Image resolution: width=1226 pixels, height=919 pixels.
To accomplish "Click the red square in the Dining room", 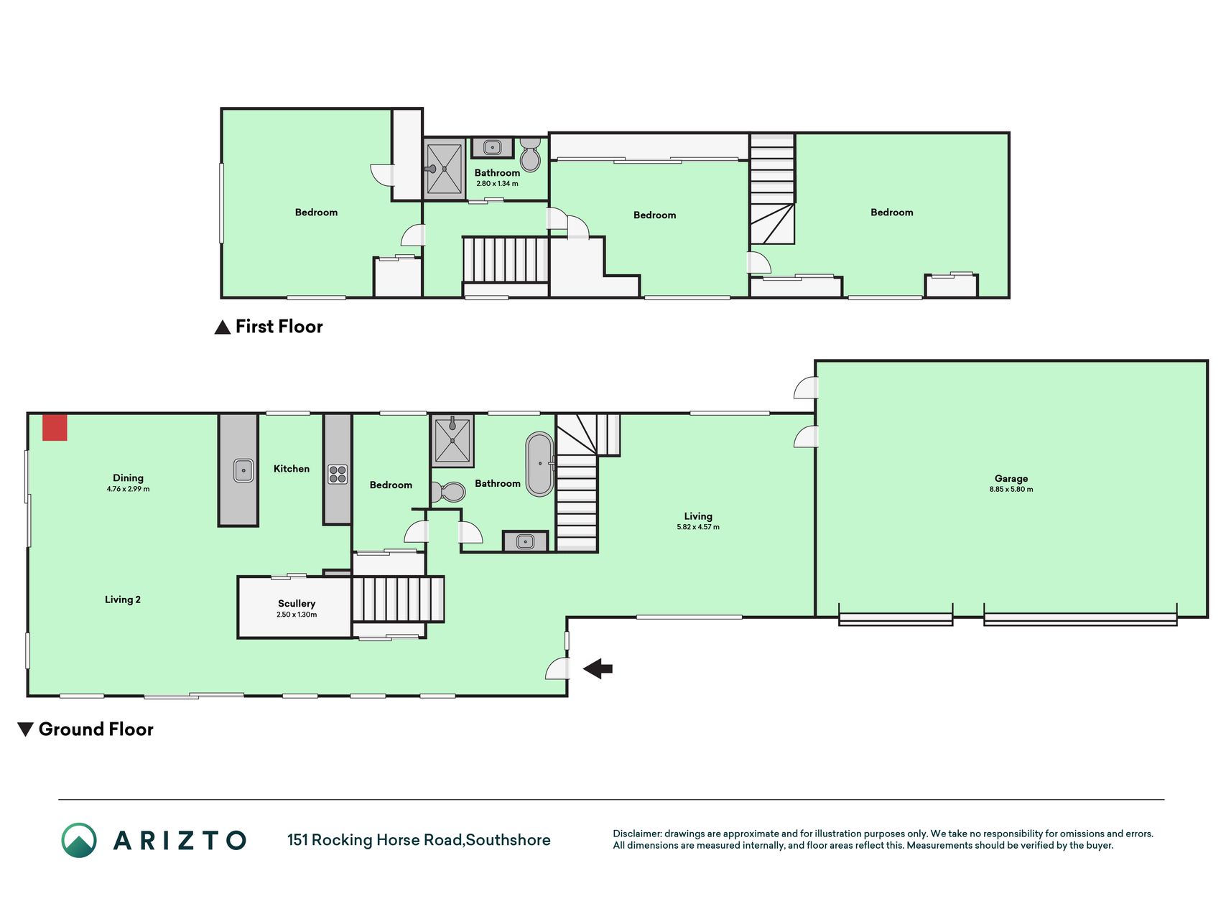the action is pyautogui.click(x=55, y=427).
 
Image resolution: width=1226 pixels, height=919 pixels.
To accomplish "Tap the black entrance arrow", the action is pyautogui.click(x=598, y=668).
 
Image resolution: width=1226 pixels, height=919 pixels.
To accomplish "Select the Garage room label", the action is pyautogui.click(x=1011, y=478).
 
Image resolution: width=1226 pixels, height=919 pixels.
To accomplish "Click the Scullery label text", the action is pyautogui.click(x=297, y=604).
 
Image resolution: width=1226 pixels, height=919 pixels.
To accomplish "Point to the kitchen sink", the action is pyautogui.click(x=243, y=470).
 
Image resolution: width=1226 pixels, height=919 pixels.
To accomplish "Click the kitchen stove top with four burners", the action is pyautogui.click(x=338, y=474).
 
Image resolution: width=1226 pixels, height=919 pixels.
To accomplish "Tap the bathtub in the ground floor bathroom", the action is pyautogui.click(x=539, y=464).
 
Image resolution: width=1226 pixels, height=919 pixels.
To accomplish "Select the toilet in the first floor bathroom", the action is pyautogui.click(x=530, y=154).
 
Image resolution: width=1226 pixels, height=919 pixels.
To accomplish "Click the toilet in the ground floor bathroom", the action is pyautogui.click(x=449, y=492).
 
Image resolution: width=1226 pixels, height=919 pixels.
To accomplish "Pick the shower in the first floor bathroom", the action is pyautogui.click(x=445, y=169).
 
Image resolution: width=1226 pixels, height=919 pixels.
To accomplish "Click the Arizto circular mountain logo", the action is pyautogui.click(x=79, y=840).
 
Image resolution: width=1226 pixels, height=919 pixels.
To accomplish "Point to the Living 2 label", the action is pyautogui.click(x=123, y=600).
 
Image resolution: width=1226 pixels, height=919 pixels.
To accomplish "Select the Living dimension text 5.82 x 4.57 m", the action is pyautogui.click(x=698, y=527).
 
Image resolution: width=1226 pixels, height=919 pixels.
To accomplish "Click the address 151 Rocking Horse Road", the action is pyautogui.click(x=374, y=840).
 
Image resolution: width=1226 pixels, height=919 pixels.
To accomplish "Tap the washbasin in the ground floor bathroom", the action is pyautogui.click(x=525, y=541).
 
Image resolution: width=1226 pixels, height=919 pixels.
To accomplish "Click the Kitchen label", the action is pyautogui.click(x=292, y=469).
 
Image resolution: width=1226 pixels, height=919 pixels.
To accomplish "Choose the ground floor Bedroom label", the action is pyautogui.click(x=391, y=485).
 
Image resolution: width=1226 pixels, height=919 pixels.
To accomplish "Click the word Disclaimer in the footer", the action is pyautogui.click(x=636, y=834).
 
